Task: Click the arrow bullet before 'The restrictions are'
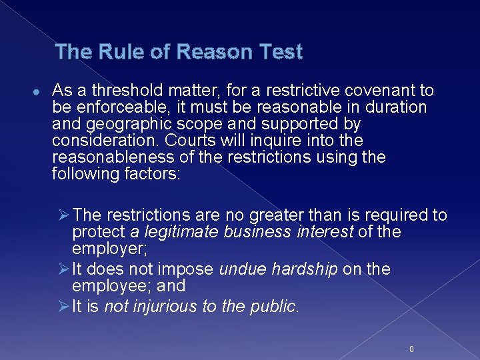pyautogui.click(x=64, y=215)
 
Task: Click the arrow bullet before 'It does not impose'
pyautogui.click(x=64, y=269)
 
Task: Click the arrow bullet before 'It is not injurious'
pyautogui.click(x=64, y=306)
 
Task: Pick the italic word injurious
pyautogui.click(x=162, y=306)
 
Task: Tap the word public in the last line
pyautogui.click(x=276, y=306)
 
